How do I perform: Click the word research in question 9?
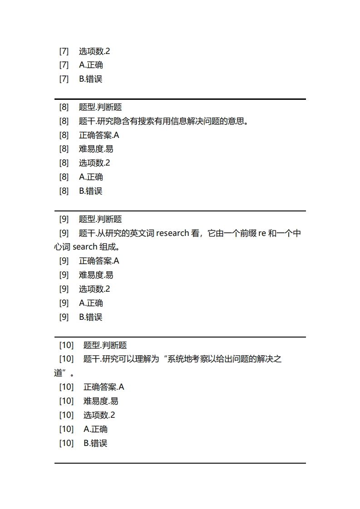pos(173,233)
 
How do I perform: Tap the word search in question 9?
pos(85,247)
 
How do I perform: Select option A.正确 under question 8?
pos(91,177)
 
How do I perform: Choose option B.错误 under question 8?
pos(91,191)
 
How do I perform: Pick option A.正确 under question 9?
pos(91,303)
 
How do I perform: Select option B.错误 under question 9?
pos(91,317)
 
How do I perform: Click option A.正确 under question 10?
pos(95,429)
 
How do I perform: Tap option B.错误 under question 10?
pos(95,443)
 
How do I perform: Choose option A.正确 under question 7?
pos(91,65)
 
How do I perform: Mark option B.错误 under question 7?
pos(91,79)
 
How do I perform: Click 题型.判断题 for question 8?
pos(100,107)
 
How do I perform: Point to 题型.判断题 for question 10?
pos(105,345)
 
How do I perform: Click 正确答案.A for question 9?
pos(99,261)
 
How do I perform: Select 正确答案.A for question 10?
pos(104,387)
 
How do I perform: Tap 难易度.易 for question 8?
pos(96,149)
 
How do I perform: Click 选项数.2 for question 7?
pos(94,51)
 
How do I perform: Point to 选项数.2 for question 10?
pos(99,415)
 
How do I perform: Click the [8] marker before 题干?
pos(64,121)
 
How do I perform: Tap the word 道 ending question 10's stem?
pos(58,373)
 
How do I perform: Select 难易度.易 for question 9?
pos(96,275)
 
